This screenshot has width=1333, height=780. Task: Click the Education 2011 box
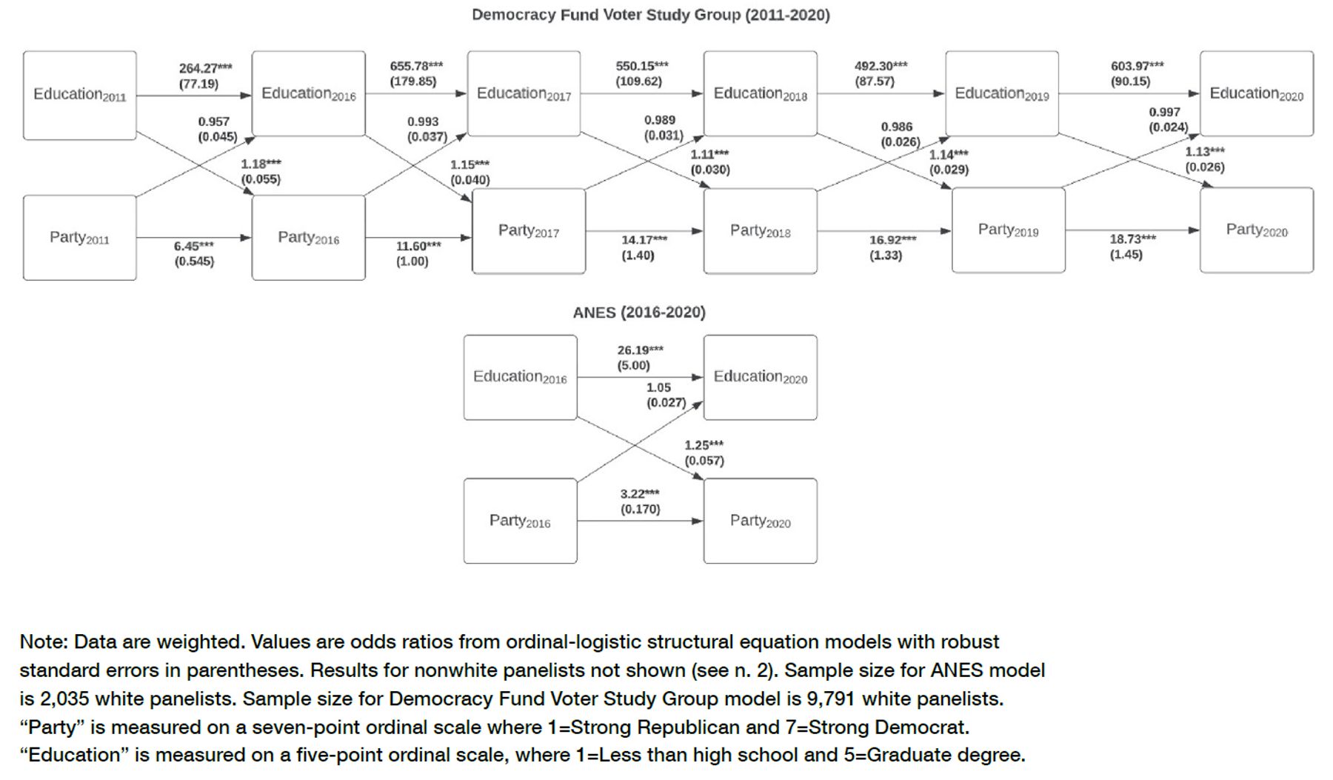(x=80, y=96)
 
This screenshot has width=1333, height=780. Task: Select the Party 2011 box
(x=80, y=238)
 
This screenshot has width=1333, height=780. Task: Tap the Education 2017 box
(x=524, y=94)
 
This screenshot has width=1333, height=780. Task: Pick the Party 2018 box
(x=761, y=231)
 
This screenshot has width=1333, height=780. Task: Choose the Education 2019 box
(x=1002, y=94)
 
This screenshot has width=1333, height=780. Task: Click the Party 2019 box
(x=1009, y=230)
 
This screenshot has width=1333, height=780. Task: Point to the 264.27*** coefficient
(x=205, y=68)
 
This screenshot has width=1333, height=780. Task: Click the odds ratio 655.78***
(x=416, y=66)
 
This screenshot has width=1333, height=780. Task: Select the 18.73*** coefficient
(x=1132, y=239)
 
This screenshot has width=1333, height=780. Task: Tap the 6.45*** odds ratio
(x=194, y=246)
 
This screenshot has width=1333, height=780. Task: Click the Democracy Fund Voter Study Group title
(x=651, y=15)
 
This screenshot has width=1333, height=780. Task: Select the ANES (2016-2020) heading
(x=639, y=313)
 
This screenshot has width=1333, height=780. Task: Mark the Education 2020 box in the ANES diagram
(x=761, y=378)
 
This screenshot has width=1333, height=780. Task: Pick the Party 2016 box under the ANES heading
(x=521, y=521)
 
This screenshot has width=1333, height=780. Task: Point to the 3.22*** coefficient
(x=640, y=493)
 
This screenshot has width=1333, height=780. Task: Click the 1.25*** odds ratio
(x=704, y=445)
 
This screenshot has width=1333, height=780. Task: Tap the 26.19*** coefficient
(x=641, y=350)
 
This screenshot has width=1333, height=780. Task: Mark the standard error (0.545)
(x=194, y=261)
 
